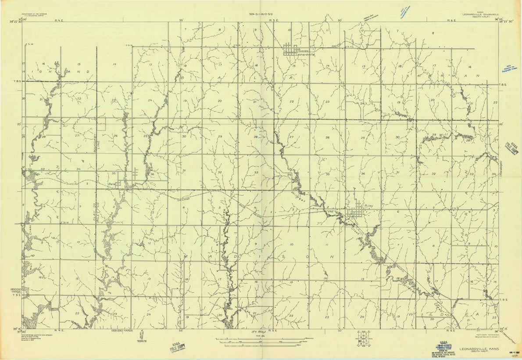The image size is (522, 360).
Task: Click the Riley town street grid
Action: point(356,212)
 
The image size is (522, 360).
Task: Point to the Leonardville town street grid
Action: point(291,49)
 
